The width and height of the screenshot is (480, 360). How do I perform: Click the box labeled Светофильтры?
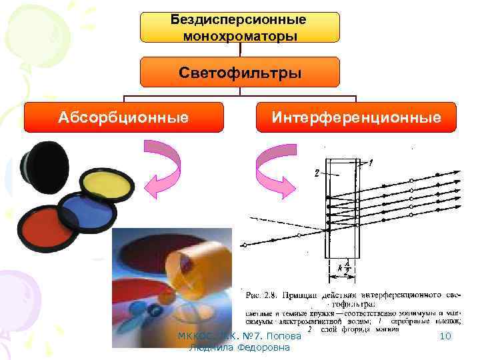(239, 72)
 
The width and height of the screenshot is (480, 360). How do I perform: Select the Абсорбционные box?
(122, 118)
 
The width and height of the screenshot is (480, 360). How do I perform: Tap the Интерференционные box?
(356, 118)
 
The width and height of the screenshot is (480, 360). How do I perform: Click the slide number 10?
(446, 337)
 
